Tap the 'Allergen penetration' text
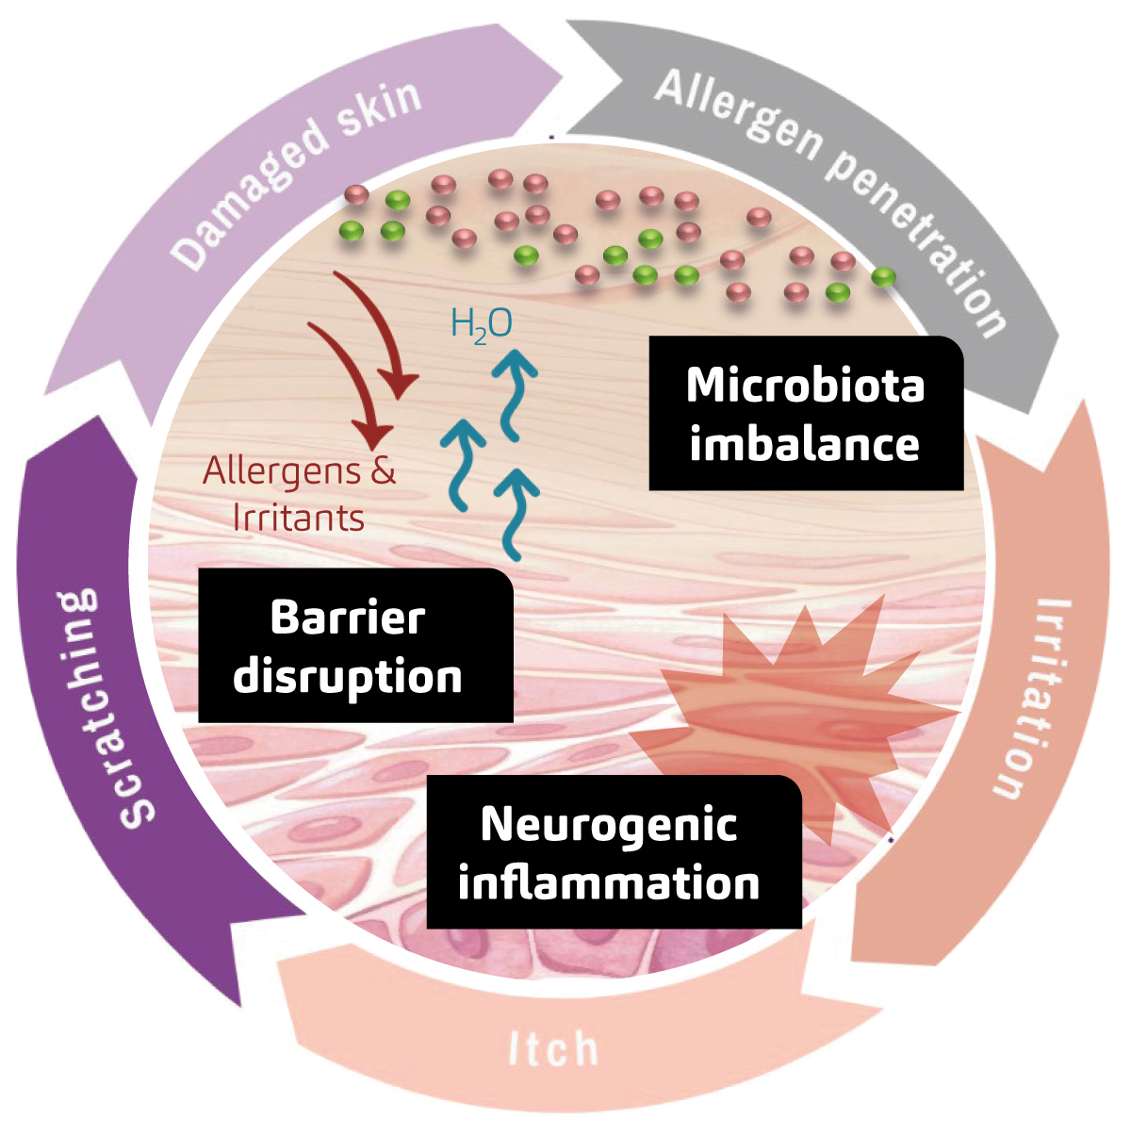[829, 189]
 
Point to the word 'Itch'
[553, 1049]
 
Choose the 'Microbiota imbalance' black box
[806, 415]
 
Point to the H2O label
[482, 324]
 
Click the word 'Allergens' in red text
[282, 470]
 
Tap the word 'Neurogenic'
[609, 824]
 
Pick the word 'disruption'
[348, 677]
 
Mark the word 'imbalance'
[804, 444]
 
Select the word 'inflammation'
[609, 883]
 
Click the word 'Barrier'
[348, 617]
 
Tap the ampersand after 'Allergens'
[383, 470]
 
